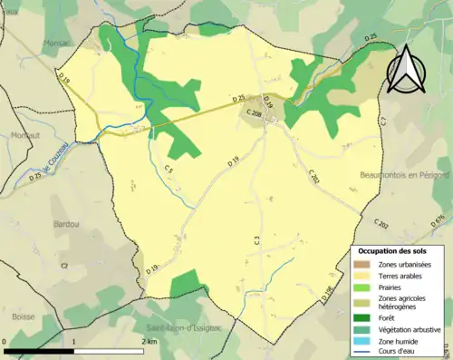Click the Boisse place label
click(x=24, y=291)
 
